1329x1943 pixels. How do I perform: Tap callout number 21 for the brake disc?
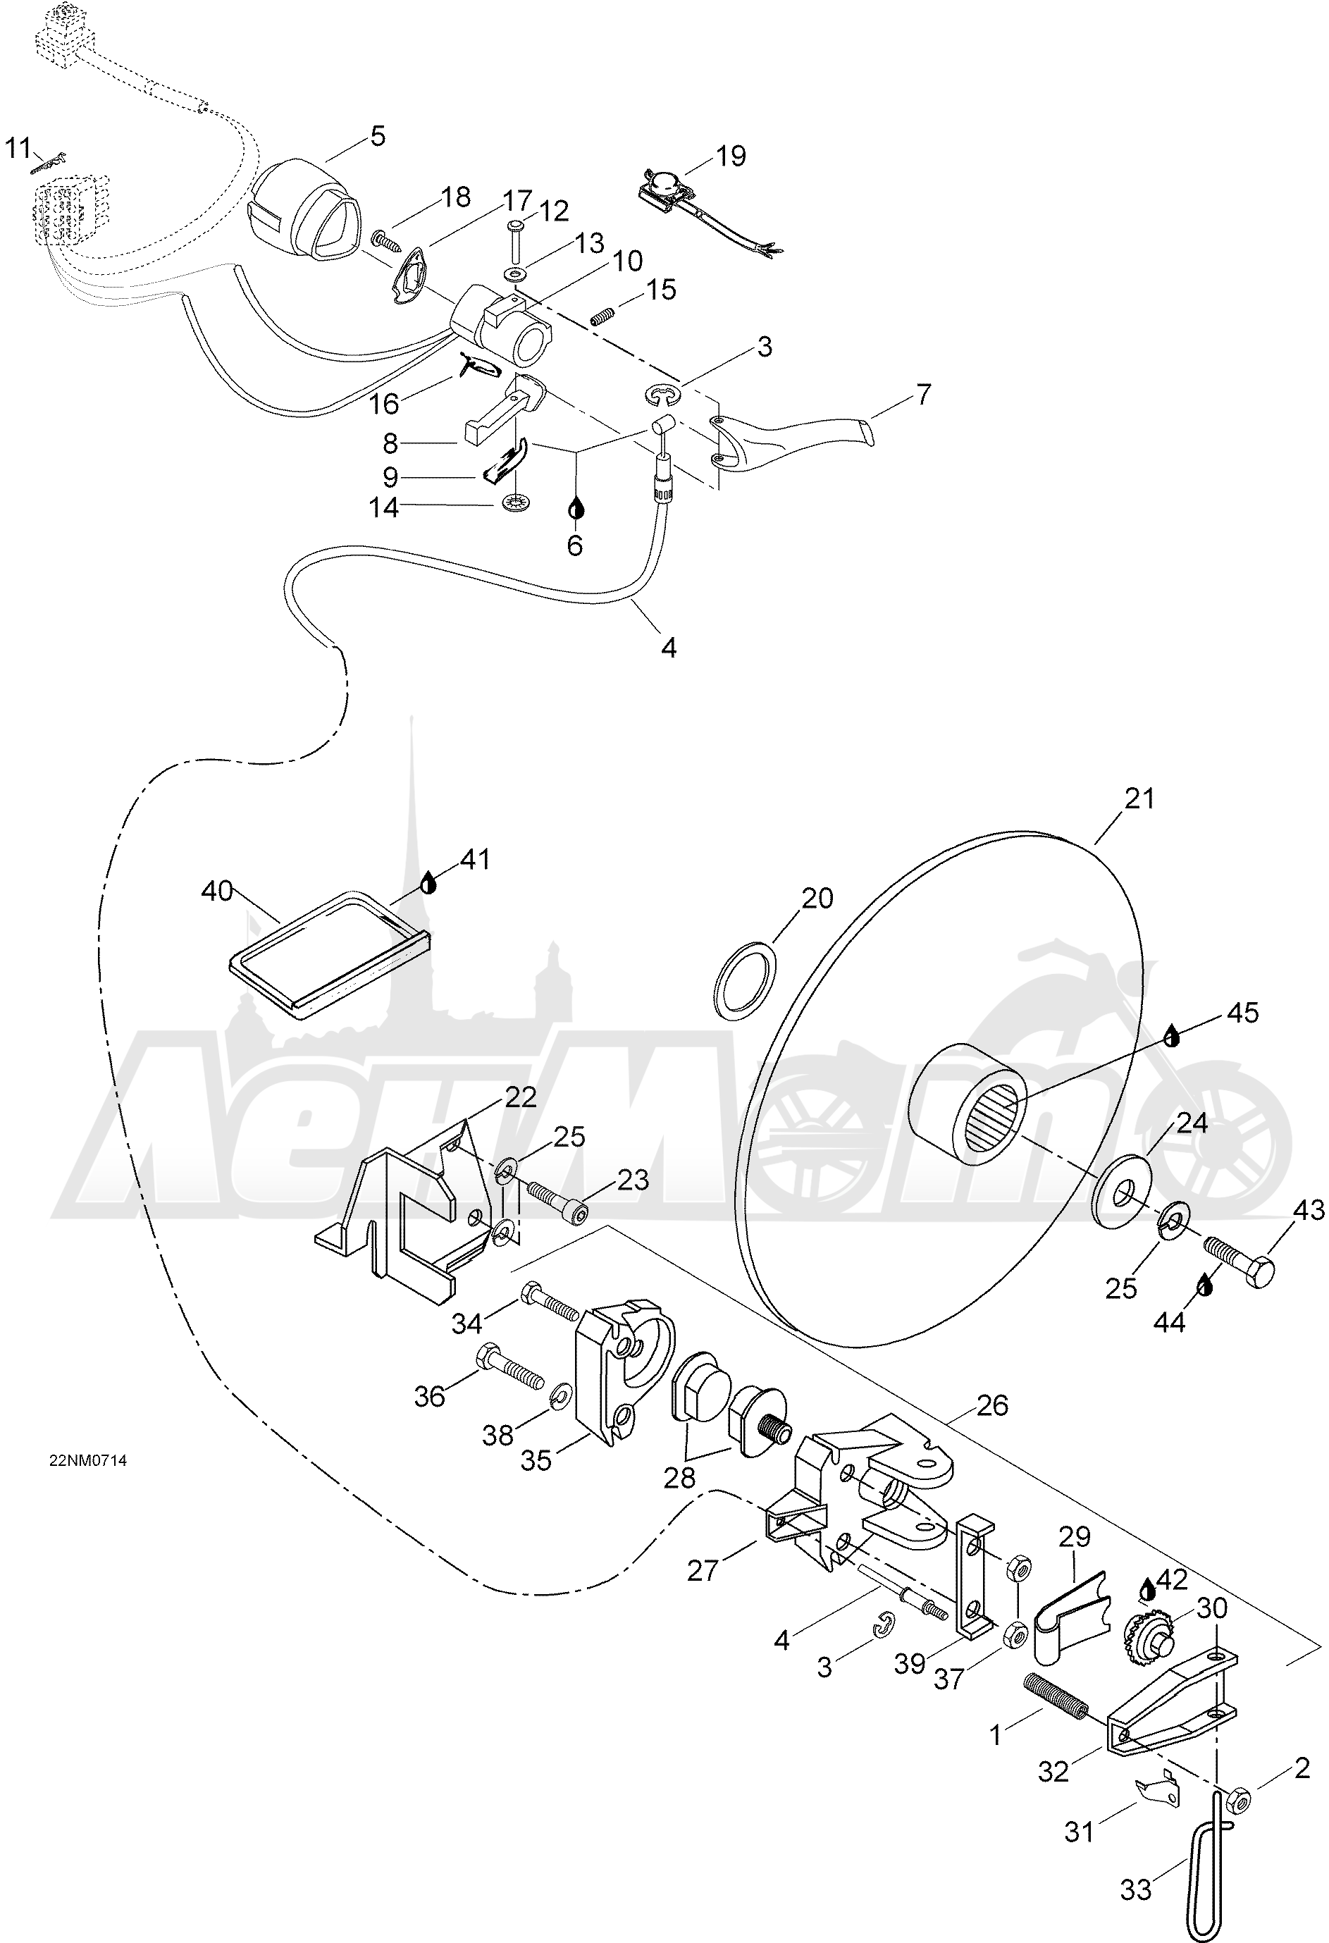[1139, 798]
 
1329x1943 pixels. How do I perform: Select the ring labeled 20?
[746, 979]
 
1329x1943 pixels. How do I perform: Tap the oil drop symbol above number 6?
[575, 507]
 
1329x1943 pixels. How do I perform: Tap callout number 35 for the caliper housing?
[536, 1460]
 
